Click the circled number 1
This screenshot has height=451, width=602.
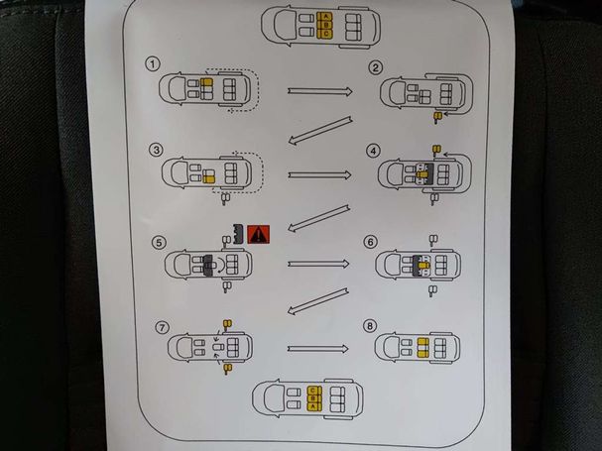153,64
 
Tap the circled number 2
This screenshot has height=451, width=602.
376,67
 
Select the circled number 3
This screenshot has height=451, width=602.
156,151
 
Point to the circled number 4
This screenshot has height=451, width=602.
373,151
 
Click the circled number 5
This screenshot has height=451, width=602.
160,241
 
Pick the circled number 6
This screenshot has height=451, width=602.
371,241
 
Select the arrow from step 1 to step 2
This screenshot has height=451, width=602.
319,90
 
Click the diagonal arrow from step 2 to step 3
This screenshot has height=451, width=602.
319,131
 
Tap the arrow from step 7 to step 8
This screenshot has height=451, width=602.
317,349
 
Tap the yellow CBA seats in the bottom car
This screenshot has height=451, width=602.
313,396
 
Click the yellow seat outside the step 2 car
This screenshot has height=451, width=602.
435,116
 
